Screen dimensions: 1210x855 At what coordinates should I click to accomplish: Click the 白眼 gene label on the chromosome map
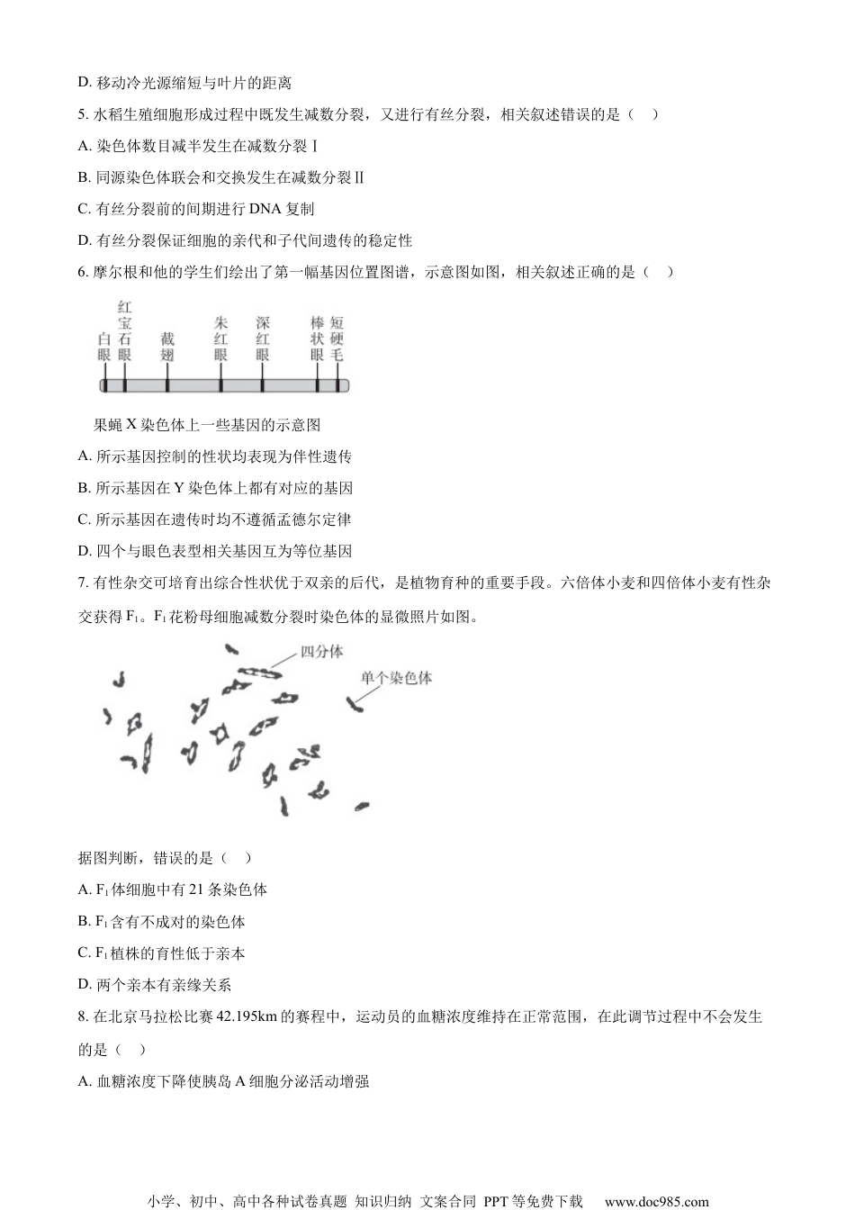coord(104,348)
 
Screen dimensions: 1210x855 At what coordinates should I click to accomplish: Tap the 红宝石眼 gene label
coord(124,331)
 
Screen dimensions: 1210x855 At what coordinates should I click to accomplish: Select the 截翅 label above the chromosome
coord(166,348)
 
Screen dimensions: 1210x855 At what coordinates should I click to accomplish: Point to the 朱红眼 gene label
coord(220,339)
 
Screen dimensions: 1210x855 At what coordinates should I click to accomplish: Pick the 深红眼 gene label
coord(262,339)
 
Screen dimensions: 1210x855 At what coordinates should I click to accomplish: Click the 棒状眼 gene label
coord(317,339)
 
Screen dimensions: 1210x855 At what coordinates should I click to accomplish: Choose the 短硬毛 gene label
coord(337,339)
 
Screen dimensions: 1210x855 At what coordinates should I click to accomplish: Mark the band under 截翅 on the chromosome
coord(166,385)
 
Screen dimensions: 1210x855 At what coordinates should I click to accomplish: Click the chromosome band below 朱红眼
coord(220,385)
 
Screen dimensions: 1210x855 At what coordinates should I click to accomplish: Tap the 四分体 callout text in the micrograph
coord(320,651)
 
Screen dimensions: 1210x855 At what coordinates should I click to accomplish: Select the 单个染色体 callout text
coord(396,678)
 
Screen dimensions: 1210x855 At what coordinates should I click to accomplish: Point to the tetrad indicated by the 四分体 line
coord(260,672)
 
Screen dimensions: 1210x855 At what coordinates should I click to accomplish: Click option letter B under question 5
coord(84,177)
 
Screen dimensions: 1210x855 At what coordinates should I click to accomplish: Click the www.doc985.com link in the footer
coord(656,1201)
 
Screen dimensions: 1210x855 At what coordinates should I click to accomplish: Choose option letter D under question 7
coord(84,985)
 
